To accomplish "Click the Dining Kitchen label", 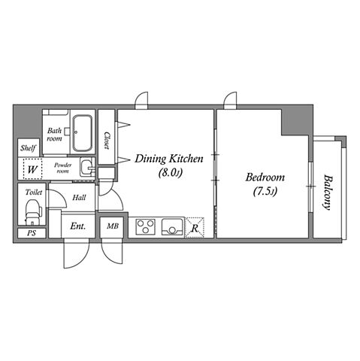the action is [169, 159].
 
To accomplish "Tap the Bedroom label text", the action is [265, 177].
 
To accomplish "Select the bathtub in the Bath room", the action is [83, 133].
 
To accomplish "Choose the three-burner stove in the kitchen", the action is [145, 227].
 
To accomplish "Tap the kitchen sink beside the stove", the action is [172, 227].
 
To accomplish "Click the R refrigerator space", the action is [195, 228].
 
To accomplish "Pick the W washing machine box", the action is [32, 168].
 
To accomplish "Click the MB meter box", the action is [113, 226].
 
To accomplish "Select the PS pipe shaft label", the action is [32, 233].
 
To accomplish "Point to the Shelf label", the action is [28, 148].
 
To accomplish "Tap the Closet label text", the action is [107, 141].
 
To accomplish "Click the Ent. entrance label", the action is [78, 226].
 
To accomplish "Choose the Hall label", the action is [79, 198].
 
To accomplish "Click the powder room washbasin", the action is [87, 167].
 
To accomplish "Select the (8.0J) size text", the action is [170, 173].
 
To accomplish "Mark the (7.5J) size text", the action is [265, 192].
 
